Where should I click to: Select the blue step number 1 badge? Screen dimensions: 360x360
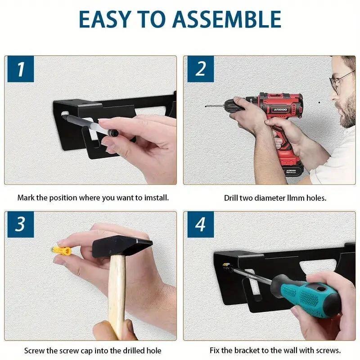(21, 69)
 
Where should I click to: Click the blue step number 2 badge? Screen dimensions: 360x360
(201, 69)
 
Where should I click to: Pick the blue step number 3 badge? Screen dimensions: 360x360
(21, 224)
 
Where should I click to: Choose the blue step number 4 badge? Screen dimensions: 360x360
(201, 224)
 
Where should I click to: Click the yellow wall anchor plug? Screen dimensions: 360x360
(62, 251)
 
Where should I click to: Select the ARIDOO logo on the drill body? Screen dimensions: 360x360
(280, 110)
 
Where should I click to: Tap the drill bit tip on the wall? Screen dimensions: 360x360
(206, 107)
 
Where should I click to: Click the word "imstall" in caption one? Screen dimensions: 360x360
(156, 198)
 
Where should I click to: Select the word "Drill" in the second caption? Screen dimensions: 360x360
(231, 198)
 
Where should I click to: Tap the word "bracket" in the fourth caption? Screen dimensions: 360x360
(248, 350)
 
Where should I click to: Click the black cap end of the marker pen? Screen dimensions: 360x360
(113, 133)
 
